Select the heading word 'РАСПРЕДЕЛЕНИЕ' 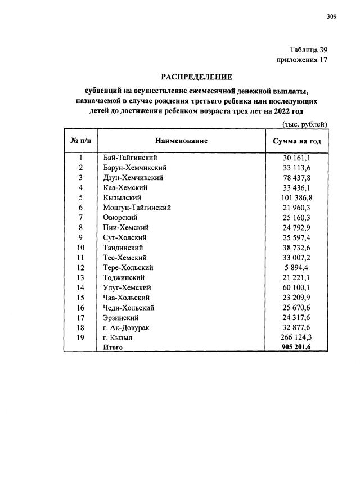(x=197, y=76)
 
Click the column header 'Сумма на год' (x=296, y=141)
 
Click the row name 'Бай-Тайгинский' (x=130, y=157)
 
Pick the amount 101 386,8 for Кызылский (x=296, y=197)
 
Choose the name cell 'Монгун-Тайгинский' (x=137, y=208)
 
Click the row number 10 (x=80, y=247)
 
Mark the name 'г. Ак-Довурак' (x=127, y=327)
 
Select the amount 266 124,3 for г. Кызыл (x=296, y=337)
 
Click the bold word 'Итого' (x=113, y=348)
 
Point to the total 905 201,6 (x=296, y=348)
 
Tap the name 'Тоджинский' (x=124, y=277)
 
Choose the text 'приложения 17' (x=301, y=59)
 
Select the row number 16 (x=80, y=308)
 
